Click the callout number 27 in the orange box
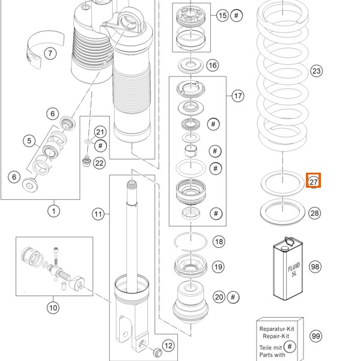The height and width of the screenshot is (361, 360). click(313, 181)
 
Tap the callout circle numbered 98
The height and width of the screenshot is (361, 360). click(316, 267)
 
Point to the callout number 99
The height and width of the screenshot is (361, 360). click(316, 336)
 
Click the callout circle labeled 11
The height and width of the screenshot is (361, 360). click(99, 214)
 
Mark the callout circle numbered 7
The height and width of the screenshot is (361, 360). click(50, 54)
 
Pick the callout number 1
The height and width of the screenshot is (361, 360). click(54, 211)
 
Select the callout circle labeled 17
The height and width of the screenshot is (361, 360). click(237, 96)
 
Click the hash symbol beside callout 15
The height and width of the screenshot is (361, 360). click(237, 16)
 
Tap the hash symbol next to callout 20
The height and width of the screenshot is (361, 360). click(234, 297)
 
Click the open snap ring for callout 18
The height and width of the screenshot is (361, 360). click(191, 241)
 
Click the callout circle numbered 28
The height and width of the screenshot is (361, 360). click(316, 213)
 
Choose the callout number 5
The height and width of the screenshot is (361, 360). click(28, 141)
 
